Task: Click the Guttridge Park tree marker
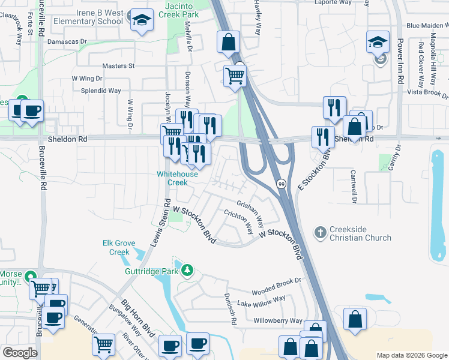[187, 271]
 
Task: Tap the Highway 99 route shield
[281, 184]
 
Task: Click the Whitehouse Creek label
[177, 178]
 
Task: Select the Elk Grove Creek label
[116, 247]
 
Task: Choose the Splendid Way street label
[101, 91]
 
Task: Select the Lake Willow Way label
[261, 302]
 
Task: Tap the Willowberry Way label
[277, 321]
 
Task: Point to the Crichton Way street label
[238, 223]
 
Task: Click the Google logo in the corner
[19, 352]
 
